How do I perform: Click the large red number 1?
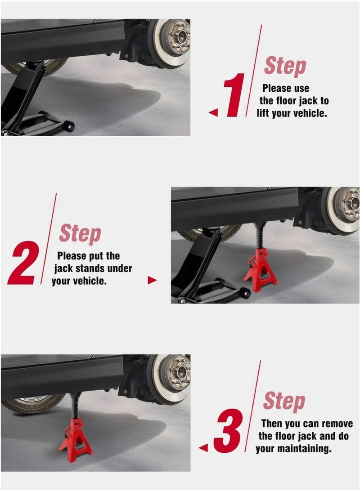[x=235, y=95]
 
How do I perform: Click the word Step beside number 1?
[x=285, y=66]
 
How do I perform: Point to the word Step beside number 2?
[x=80, y=234]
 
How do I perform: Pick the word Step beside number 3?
[x=284, y=401]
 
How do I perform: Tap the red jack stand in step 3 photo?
[x=75, y=438]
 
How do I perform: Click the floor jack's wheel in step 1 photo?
[x=68, y=126]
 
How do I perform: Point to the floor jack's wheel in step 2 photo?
[x=244, y=293]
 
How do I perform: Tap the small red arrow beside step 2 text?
[x=152, y=281]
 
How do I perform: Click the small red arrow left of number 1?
[x=213, y=113]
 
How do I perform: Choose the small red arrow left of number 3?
[x=203, y=448]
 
